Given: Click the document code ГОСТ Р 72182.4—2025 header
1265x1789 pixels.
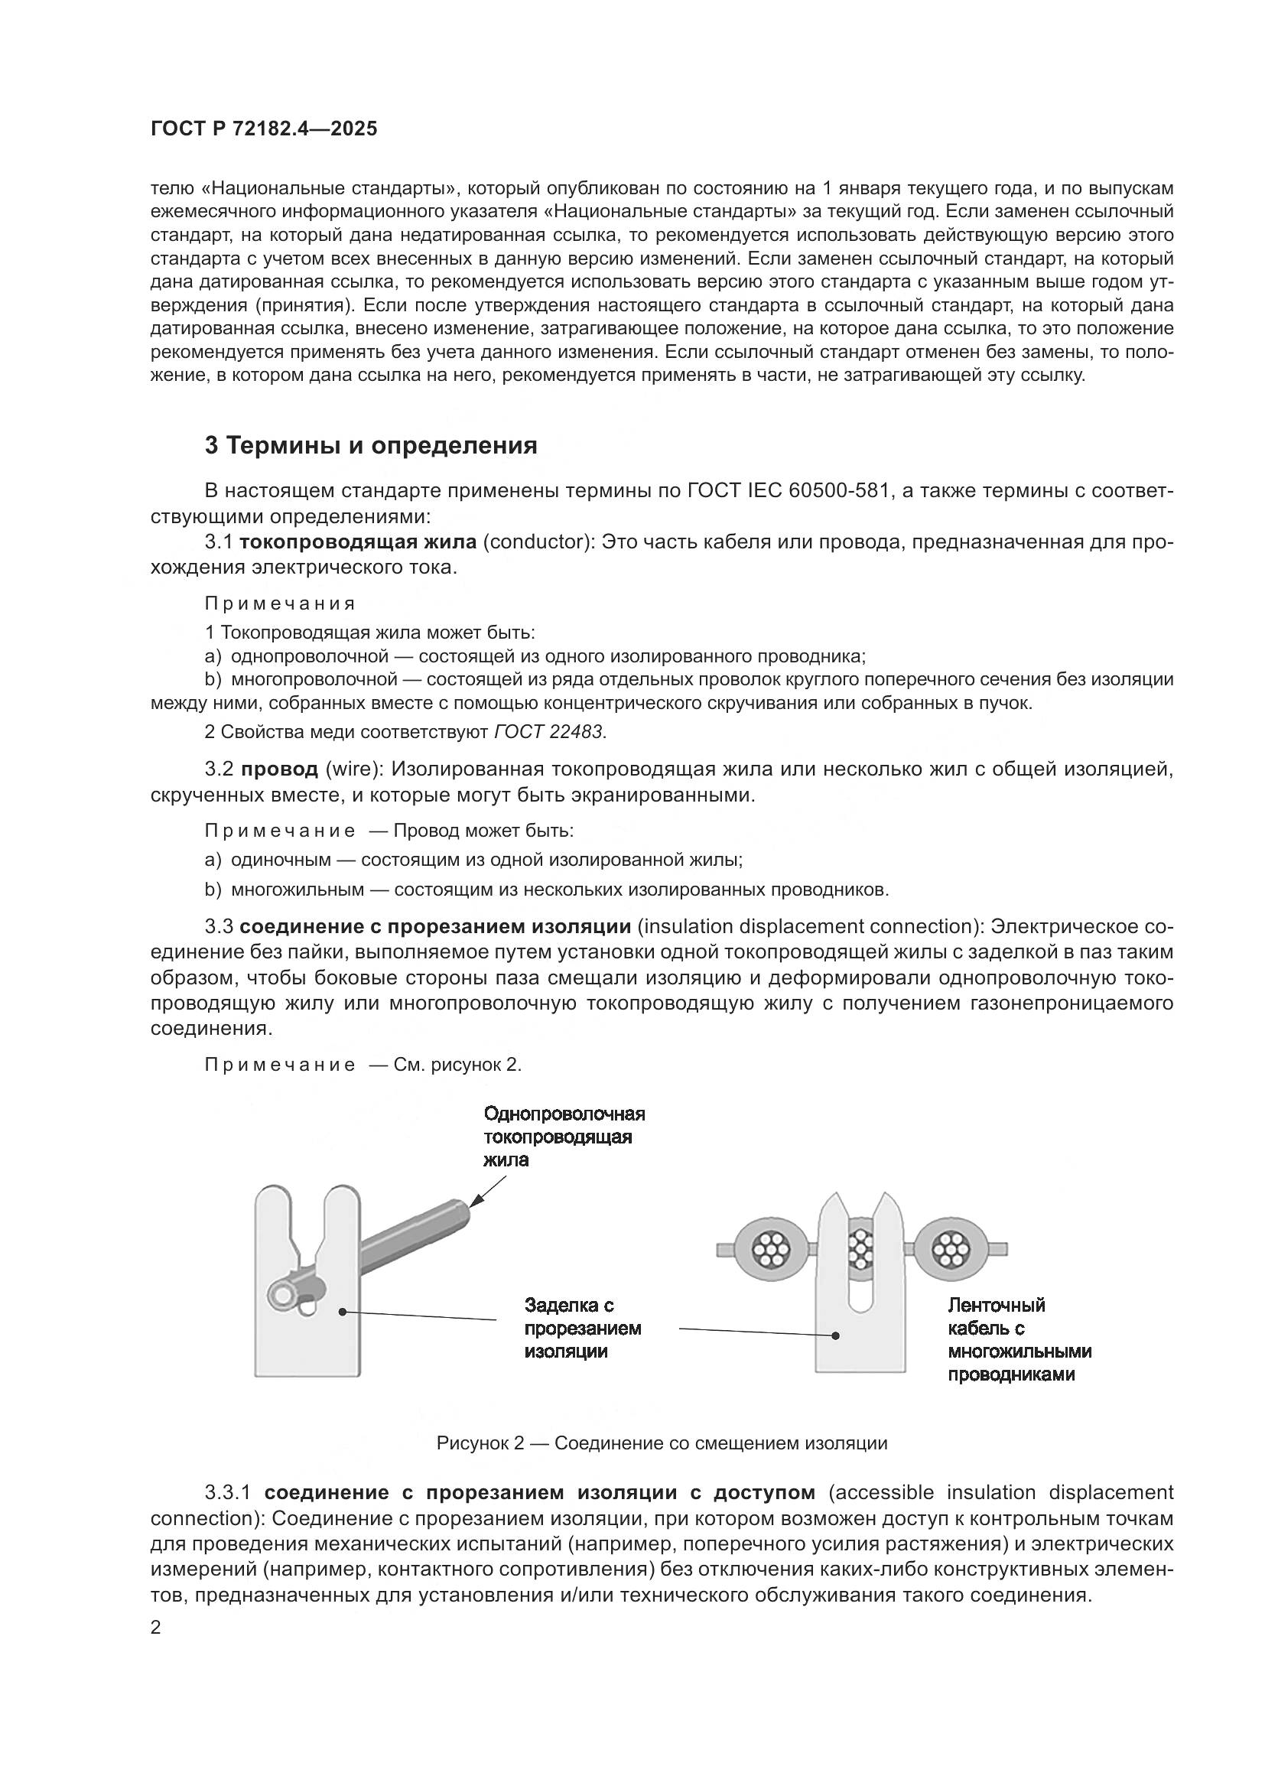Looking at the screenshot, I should [263, 129].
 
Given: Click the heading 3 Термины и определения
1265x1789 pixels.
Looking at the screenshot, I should [371, 446].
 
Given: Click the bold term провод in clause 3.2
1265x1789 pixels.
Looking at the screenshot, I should [279, 769].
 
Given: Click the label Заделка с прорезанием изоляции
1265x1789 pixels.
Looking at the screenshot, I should [582, 1328].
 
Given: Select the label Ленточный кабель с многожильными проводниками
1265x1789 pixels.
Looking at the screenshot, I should [1019, 1338].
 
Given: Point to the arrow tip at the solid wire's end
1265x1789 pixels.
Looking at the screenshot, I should [471, 1207].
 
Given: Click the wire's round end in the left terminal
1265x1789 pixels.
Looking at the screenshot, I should [281, 1295].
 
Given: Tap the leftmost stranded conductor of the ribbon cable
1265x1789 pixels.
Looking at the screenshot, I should [770, 1250].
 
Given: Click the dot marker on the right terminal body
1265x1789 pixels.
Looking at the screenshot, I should [836, 1335].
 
